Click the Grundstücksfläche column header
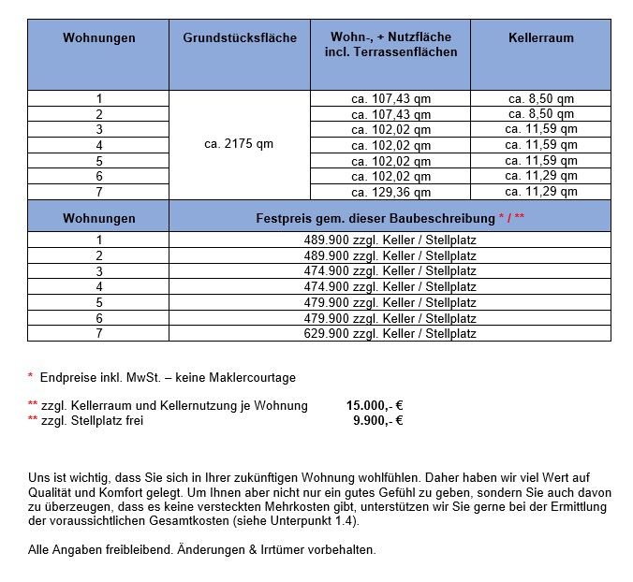pos(239,38)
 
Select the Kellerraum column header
pos(540,38)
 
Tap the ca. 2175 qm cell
pos(239,145)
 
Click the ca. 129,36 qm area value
pos(390,193)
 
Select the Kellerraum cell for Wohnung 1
pos(540,98)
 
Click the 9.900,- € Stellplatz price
pos(377,421)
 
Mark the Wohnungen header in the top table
pos(98,38)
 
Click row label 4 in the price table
pos(98,287)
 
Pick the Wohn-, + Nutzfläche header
pos(390,45)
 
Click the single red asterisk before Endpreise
pos(30,377)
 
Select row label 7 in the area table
pos(98,193)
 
